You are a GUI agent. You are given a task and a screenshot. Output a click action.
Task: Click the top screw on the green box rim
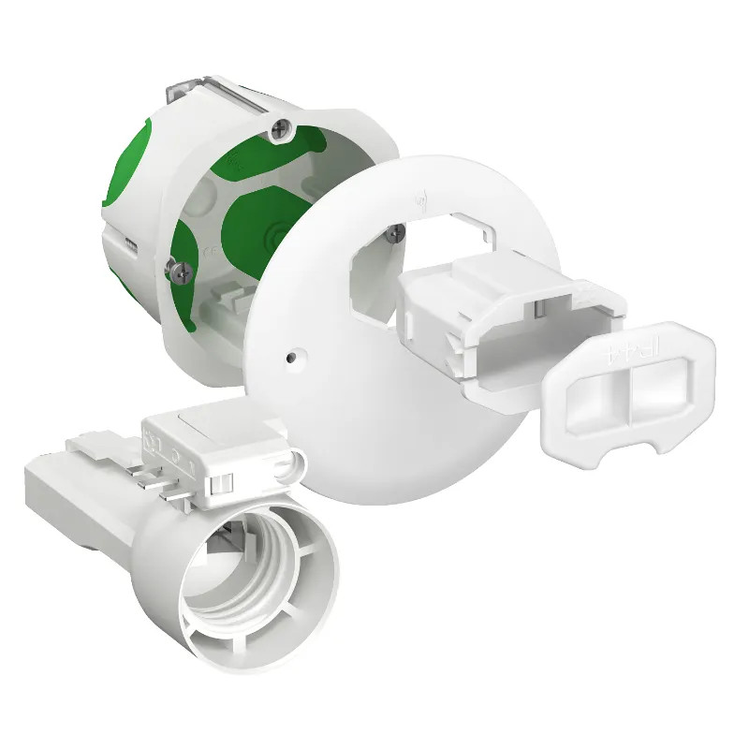pyautogui.click(x=279, y=126)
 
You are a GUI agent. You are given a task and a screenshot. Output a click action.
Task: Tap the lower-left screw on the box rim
pyautogui.click(x=179, y=269)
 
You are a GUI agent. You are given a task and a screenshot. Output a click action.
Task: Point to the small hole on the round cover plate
pyautogui.click(x=295, y=357)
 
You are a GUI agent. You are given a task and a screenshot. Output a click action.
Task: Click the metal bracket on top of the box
pyautogui.click(x=187, y=95)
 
